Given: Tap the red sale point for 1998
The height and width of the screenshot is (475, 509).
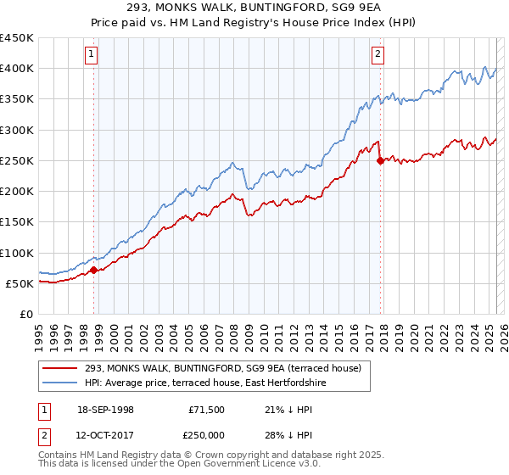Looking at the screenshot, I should [x=94, y=271].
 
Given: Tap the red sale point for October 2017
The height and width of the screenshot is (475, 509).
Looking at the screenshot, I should [x=380, y=161].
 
